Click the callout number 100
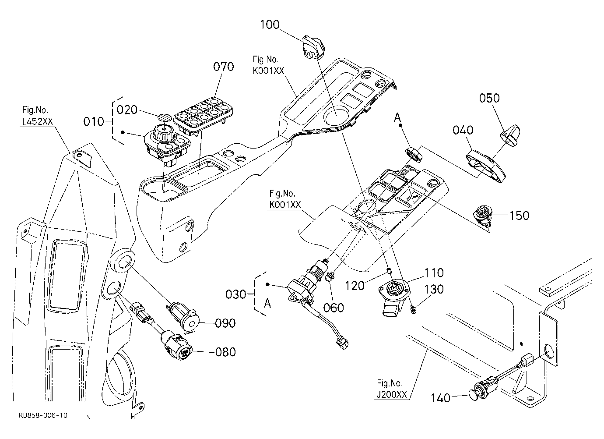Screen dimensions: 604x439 click(x=270, y=25)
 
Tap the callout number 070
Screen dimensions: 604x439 click(x=223, y=67)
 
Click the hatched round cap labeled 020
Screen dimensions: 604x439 click(x=165, y=118)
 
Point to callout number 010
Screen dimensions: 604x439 click(x=94, y=122)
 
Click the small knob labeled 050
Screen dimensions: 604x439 click(x=510, y=135)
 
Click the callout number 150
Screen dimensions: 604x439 click(x=519, y=216)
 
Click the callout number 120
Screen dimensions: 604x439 click(x=355, y=286)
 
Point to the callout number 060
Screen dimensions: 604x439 click(x=334, y=308)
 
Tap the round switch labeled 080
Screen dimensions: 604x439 click(x=177, y=347)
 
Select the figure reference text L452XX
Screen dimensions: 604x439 click(x=38, y=122)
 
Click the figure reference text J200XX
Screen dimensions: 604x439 click(x=392, y=395)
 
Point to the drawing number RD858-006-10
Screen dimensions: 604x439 click(x=43, y=415)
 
